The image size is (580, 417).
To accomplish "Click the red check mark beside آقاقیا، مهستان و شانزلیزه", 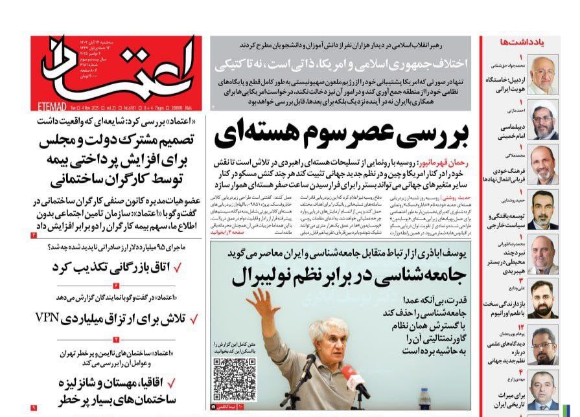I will click(179, 383).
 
